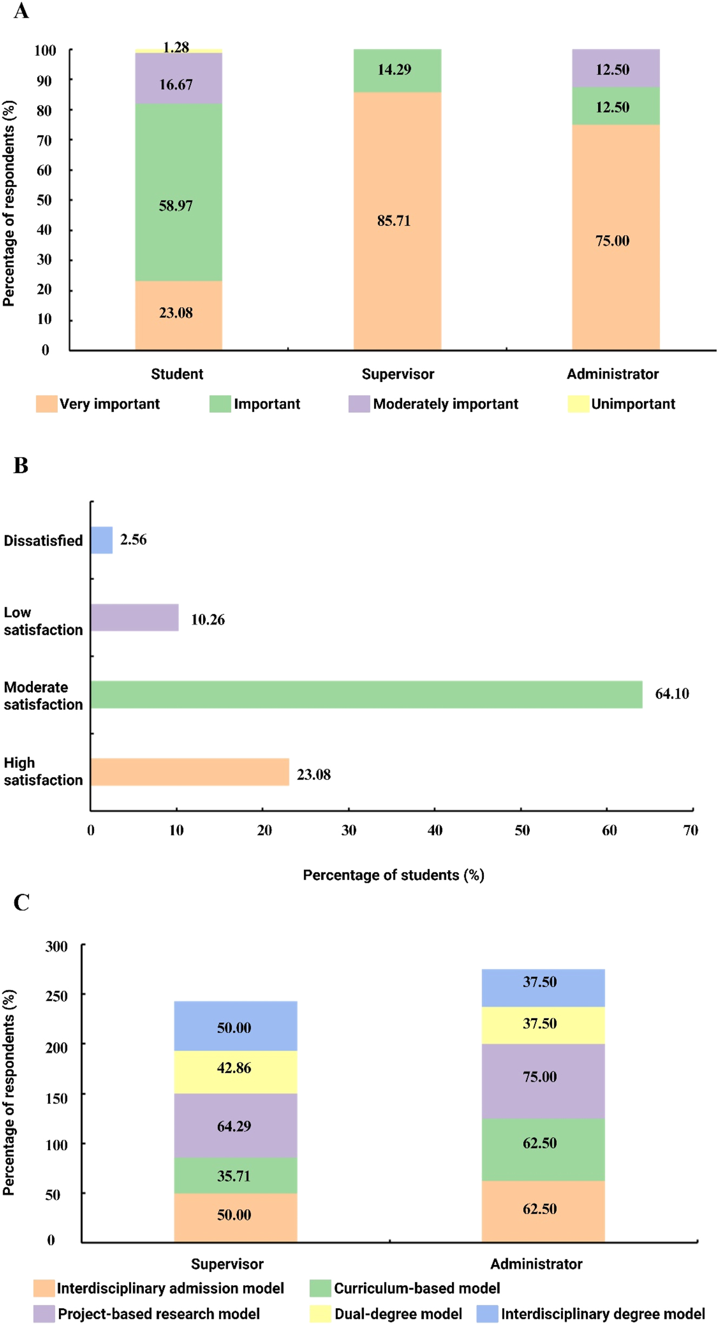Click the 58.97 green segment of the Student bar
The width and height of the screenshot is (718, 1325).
(x=178, y=192)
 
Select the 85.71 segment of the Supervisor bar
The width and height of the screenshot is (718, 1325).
(x=397, y=221)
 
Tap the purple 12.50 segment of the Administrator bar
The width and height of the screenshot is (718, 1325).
(x=616, y=69)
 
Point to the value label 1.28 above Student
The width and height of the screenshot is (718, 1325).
(x=176, y=47)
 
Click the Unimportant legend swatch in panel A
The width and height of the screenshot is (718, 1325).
(x=578, y=404)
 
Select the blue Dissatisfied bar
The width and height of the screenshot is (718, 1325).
(x=102, y=540)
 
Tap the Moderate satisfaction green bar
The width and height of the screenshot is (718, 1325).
(x=367, y=694)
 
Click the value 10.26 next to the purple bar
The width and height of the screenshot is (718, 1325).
(x=208, y=619)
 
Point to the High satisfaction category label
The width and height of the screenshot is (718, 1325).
(x=43, y=771)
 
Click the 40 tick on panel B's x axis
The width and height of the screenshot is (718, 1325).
(x=435, y=830)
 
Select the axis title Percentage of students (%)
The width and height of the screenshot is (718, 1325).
(x=393, y=875)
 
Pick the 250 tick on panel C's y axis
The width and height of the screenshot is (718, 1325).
(x=56, y=996)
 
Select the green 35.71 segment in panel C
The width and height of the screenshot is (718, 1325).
(x=235, y=1176)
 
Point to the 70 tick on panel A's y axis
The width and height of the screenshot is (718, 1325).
(x=44, y=141)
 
